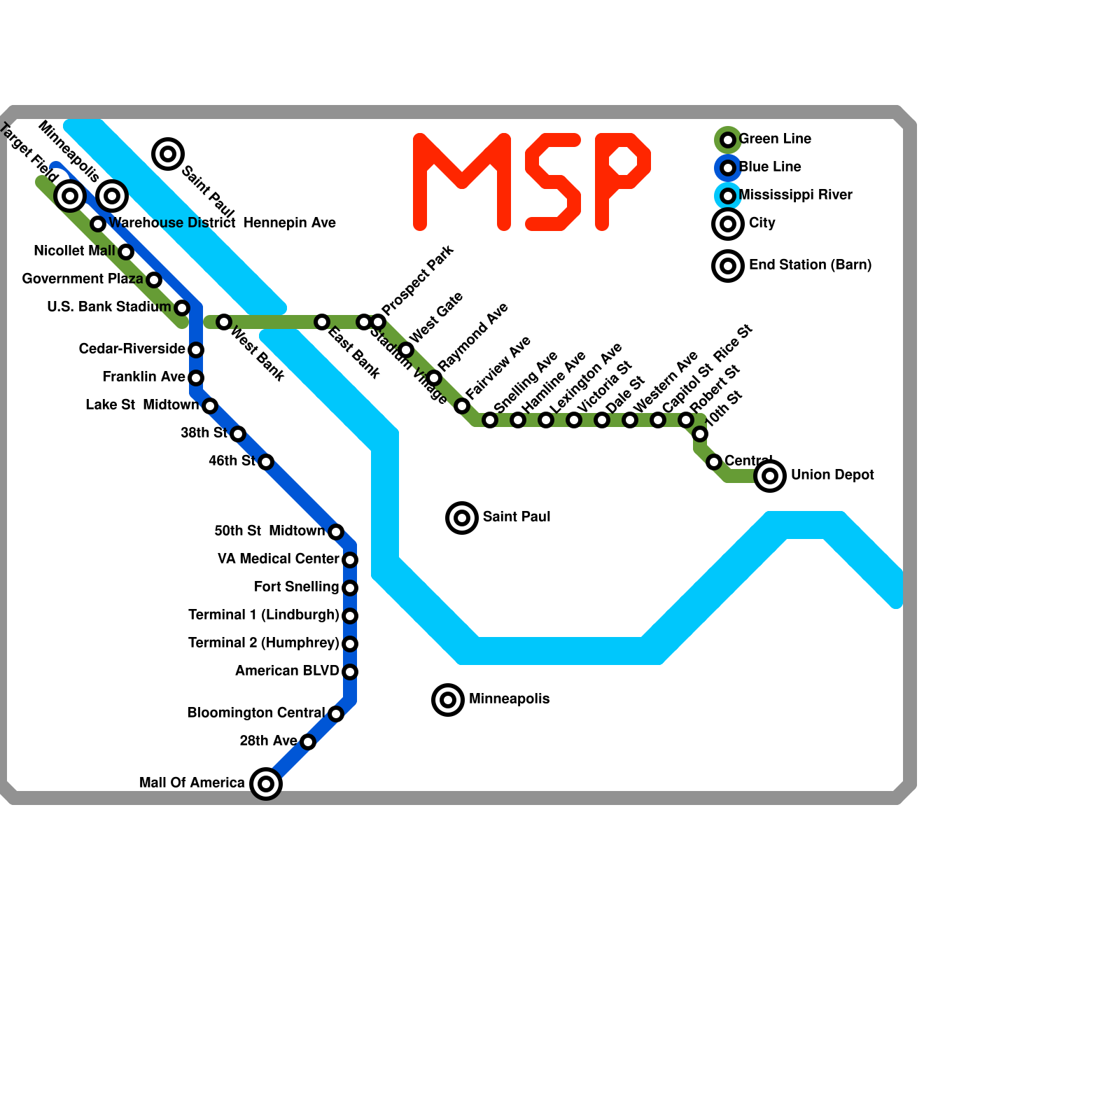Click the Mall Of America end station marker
[266, 783]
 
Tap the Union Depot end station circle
[770, 476]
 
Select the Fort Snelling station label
[296, 587]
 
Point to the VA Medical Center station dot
[350, 560]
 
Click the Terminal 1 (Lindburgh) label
[263, 615]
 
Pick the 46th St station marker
[266, 462]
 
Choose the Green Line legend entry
[774, 139]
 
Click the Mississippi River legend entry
[794, 195]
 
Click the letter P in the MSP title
[622, 181]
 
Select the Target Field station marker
[70, 196]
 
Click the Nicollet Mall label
[74, 251]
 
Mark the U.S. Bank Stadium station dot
[182, 308]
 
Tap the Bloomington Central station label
[255, 713]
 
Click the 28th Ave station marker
[308, 742]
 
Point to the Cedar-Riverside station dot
[196, 350]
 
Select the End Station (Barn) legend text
[810, 265]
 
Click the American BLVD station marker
[350, 672]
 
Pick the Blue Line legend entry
[769, 167]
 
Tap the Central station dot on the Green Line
[714, 462]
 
